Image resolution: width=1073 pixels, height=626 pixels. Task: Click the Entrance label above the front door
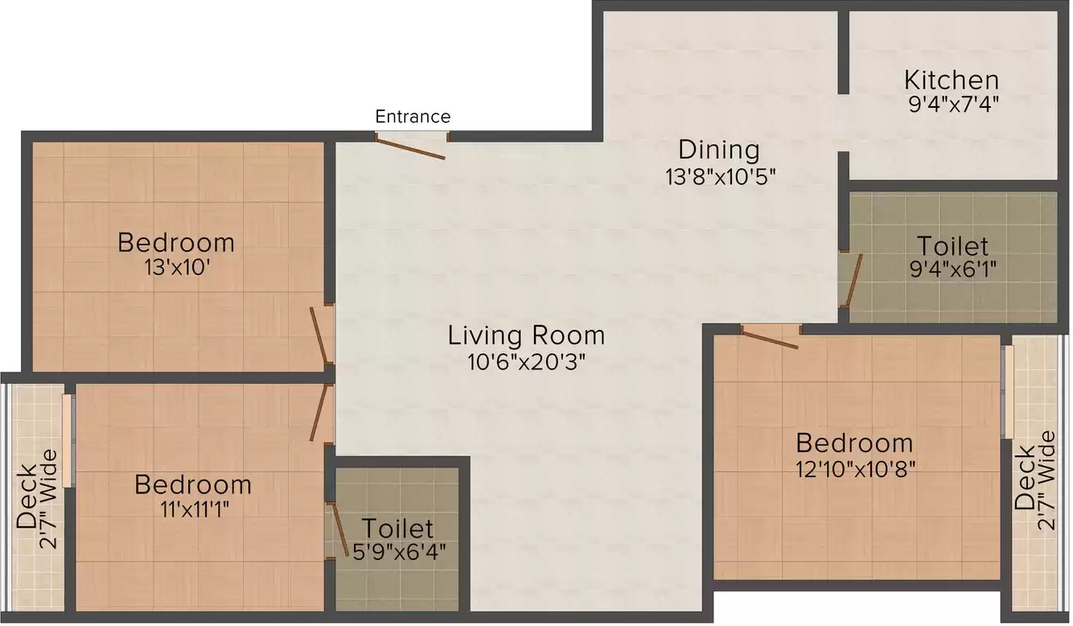pyautogui.click(x=413, y=117)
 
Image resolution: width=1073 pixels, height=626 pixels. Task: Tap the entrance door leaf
pyautogui.click(x=410, y=147)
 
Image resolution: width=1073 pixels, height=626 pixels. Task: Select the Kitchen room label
pyautogui.click(x=952, y=80)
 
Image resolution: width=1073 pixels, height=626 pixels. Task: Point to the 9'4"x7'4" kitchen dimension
pyautogui.click(x=953, y=104)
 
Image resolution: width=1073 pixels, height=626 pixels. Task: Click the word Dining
pyautogui.click(x=719, y=150)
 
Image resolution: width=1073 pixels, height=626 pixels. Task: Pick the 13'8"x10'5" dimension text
pyautogui.click(x=720, y=177)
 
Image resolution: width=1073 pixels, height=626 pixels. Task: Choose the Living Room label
pyautogui.click(x=526, y=336)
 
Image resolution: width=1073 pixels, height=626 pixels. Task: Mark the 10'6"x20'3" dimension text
pyautogui.click(x=526, y=362)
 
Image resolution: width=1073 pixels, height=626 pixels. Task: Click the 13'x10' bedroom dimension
pyautogui.click(x=177, y=268)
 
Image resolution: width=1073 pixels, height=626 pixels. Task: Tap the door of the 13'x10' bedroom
pyautogui.click(x=319, y=336)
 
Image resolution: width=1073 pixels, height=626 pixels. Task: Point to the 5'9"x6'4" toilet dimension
pyautogui.click(x=398, y=552)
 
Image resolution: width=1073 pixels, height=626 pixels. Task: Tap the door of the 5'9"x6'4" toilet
pyautogui.click(x=340, y=529)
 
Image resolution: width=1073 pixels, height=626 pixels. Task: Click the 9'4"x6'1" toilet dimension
pyautogui.click(x=953, y=269)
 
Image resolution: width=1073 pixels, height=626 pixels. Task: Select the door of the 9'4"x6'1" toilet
pyautogui.click(x=853, y=280)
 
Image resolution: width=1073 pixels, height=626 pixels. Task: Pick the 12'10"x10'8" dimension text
pyautogui.click(x=856, y=469)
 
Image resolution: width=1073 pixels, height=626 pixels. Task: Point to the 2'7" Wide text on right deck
pyautogui.click(x=1047, y=480)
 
